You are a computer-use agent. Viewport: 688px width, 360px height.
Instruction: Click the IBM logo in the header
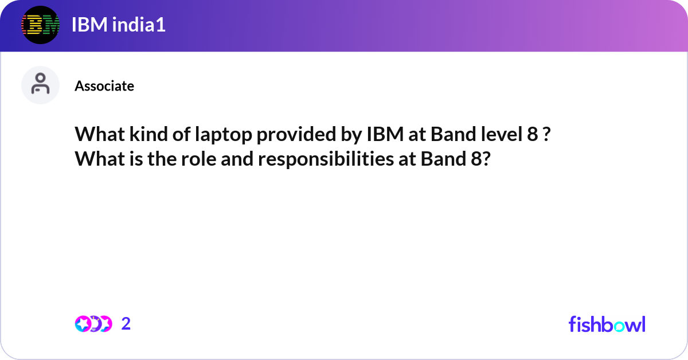(x=40, y=25)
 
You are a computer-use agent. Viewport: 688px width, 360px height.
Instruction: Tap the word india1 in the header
(x=136, y=25)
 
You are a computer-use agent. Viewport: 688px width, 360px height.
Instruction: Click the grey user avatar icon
(x=40, y=85)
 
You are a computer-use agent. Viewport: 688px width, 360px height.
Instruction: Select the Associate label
(x=104, y=86)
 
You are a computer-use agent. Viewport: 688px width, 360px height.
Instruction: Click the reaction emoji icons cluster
(x=93, y=324)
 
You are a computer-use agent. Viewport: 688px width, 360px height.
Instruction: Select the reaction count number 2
(x=126, y=324)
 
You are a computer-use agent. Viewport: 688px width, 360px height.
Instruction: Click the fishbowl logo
(x=607, y=324)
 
